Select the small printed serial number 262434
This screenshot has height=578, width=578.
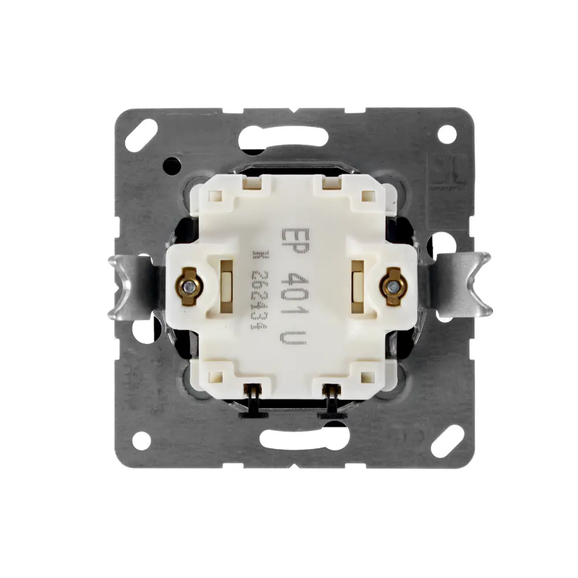pyautogui.click(x=258, y=295)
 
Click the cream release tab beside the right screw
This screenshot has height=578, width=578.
pyautogui.click(x=357, y=284)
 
